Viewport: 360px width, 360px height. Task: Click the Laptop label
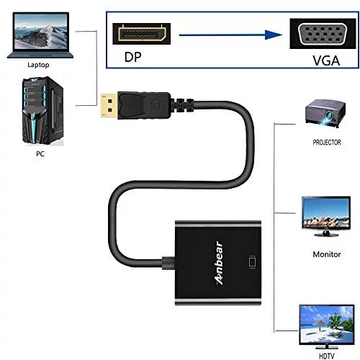(x=38, y=65)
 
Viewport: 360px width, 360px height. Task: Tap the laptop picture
(x=40, y=35)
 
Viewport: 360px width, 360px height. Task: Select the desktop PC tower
(x=42, y=111)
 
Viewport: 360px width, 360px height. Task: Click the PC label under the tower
(x=40, y=153)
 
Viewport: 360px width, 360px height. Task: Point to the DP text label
(x=132, y=57)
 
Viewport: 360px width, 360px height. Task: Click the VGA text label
(x=326, y=60)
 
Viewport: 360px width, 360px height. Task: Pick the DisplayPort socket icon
(x=142, y=34)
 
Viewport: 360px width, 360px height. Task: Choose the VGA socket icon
(x=323, y=34)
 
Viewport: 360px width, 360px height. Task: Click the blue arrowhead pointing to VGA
(x=274, y=35)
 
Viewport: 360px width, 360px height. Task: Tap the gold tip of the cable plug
(x=109, y=106)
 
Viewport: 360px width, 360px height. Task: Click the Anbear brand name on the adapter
(x=219, y=264)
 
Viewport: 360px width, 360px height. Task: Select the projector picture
(x=325, y=113)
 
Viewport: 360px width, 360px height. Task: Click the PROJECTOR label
(x=327, y=143)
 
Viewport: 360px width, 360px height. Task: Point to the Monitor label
(x=327, y=254)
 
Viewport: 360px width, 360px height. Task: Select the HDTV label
(x=326, y=356)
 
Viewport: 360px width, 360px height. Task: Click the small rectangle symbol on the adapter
(x=252, y=263)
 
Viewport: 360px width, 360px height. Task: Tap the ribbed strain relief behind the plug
(x=183, y=106)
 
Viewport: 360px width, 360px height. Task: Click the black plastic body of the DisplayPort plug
(x=144, y=106)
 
